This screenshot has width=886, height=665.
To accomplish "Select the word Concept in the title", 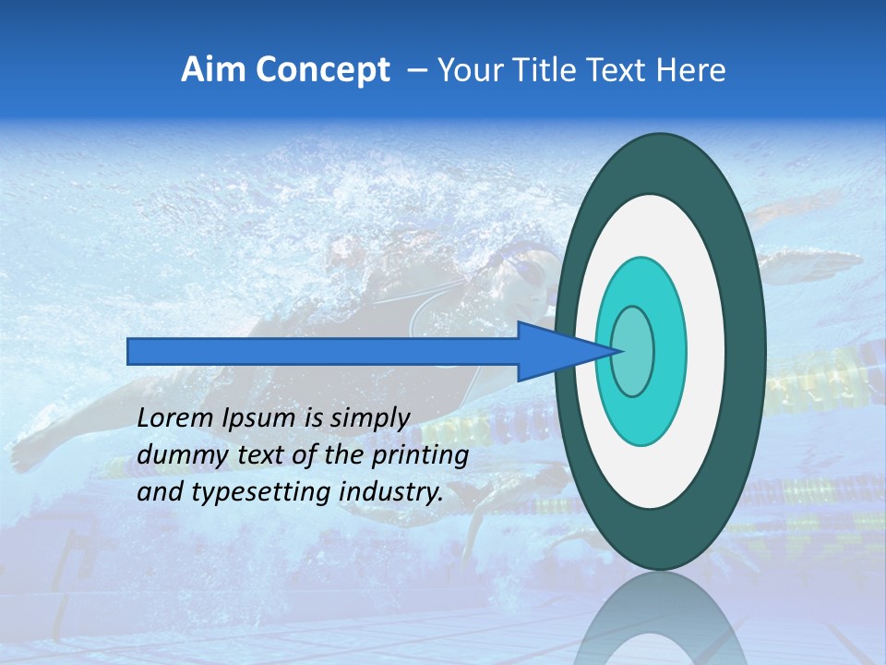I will (x=320, y=70).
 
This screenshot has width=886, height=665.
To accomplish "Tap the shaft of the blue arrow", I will (x=323, y=351).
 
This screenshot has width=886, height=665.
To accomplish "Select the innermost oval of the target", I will (x=633, y=352).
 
